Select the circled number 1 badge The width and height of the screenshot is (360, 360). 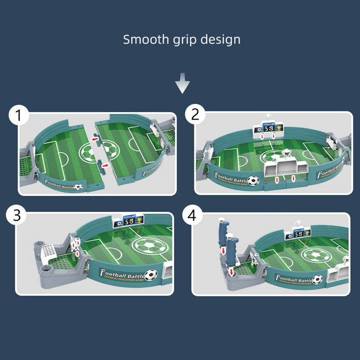tap(18, 116)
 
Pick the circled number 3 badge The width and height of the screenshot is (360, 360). tap(17, 216)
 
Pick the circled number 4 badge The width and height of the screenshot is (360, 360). tap(193, 216)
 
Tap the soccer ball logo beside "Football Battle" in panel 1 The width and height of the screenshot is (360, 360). tap(79, 186)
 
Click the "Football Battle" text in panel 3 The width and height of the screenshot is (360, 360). tap(121, 273)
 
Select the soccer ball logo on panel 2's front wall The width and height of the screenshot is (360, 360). tap(254, 180)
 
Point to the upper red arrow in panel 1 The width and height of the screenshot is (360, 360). tap(95, 139)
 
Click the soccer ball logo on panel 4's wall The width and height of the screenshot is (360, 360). tap(318, 279)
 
